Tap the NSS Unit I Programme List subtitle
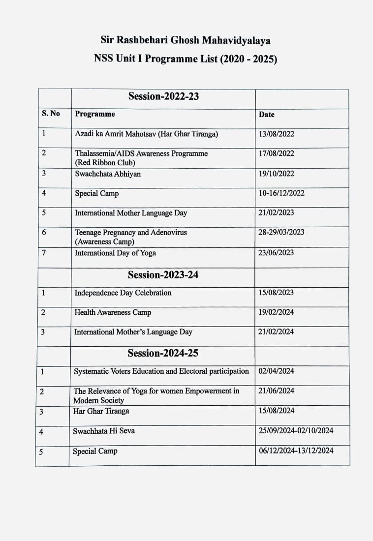[186, 60]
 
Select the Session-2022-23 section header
[163, 96]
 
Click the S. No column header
[51, 114]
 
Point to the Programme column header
[95, 114]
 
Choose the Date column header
[267, 115]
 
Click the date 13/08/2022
[277, 134]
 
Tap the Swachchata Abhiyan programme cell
[108, 174]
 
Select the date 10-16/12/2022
[281, 193]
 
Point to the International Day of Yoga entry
[115, 253]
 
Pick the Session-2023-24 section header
[163, 274]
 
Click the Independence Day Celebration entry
[123, 293]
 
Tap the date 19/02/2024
[276, 312]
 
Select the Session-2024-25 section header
[163, 353]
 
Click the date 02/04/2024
[276, 371]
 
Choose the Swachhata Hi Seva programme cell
[104, 431]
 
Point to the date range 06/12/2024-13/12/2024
[296, 451]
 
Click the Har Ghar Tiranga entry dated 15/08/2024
[101, 411]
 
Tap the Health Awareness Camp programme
[113, 312]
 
